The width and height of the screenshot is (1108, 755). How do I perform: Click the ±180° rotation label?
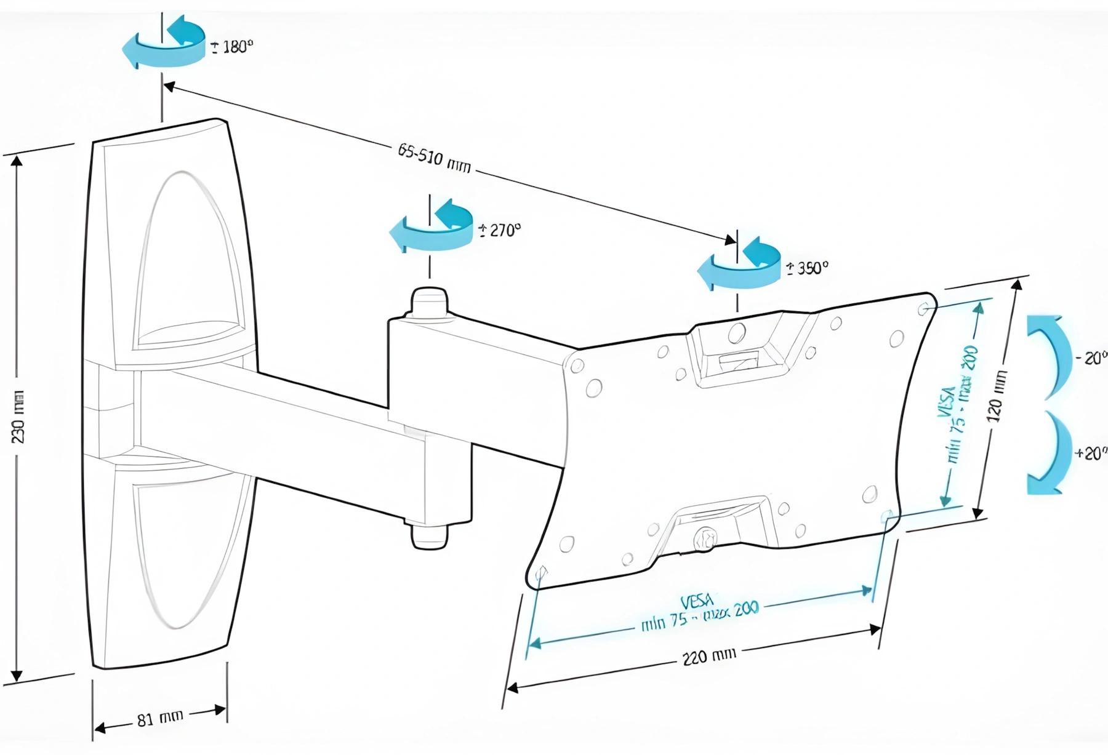(232, 47)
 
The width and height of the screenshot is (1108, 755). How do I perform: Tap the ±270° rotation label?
(499, 230)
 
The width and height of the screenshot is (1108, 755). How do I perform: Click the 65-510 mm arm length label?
(434, 158)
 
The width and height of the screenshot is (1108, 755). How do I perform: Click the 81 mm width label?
(159, 718)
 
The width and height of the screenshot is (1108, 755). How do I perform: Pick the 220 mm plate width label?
(709, 656)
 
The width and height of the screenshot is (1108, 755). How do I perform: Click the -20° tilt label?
(1091, 358)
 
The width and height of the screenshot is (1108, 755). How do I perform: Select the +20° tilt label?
(1090, 453)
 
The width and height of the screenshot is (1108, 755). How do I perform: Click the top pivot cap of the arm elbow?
(430, 299)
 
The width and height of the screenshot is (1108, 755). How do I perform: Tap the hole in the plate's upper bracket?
(735, 334)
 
